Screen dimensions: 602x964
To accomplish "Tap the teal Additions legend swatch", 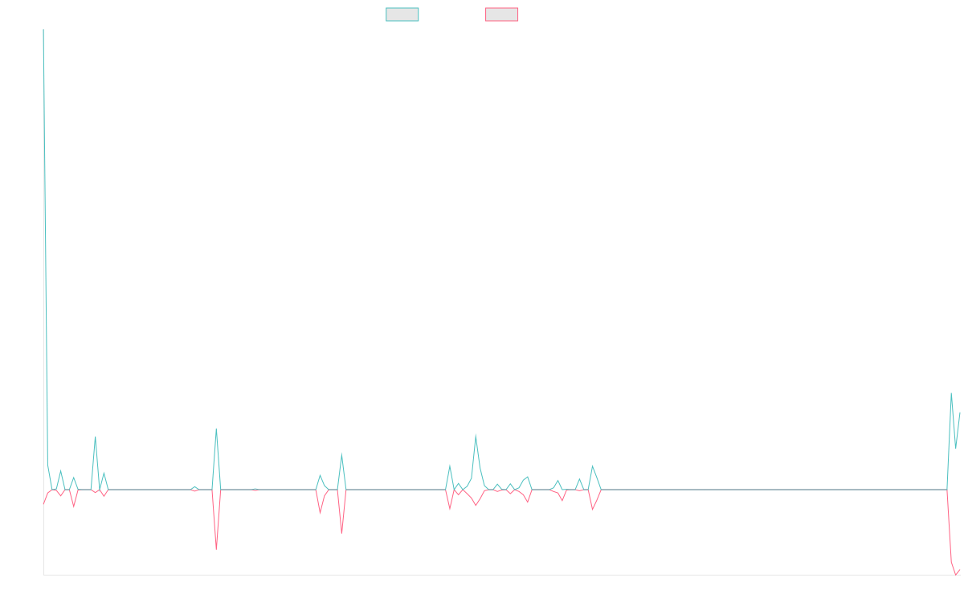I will [402, 14].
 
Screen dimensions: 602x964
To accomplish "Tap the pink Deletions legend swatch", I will [502, 14].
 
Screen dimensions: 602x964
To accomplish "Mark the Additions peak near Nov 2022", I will [216, 429].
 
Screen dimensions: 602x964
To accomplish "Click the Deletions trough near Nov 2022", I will [216, 549].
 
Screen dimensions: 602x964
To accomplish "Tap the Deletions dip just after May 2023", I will [341, 533].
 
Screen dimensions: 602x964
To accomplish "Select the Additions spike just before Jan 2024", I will [476, 434].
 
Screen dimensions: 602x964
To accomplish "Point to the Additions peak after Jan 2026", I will [951, 393].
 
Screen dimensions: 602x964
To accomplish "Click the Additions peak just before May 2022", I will [95, 437].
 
